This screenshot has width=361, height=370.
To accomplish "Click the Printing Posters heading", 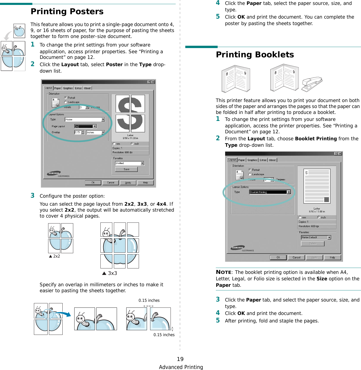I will point(67,12).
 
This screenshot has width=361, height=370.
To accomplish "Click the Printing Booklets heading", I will point(255,55).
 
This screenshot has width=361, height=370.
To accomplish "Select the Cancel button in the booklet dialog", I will point(296,258).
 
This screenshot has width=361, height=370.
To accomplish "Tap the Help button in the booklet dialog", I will point(332,258).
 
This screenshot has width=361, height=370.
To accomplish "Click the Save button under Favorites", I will point(126,169).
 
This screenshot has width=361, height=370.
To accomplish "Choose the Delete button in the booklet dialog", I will point(313,244).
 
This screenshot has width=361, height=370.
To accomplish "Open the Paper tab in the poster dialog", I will point(57,88).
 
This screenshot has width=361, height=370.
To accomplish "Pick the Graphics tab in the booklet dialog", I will point(252,160).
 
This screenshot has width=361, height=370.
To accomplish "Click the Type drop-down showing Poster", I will point(85,120).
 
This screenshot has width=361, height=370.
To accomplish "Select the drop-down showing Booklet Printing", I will point(270,192).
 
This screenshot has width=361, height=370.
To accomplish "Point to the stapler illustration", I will point(312,83).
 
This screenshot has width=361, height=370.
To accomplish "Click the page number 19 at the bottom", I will point(180,359).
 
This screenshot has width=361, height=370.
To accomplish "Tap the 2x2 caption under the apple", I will point(55,256).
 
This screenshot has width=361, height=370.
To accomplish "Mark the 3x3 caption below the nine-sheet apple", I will point(110,273).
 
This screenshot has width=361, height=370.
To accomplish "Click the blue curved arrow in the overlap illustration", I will point(64,314).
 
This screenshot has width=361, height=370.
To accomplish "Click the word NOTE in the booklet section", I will point(224,272).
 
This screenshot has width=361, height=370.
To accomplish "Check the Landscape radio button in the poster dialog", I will point(65,102).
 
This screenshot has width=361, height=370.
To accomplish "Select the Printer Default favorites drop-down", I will point(316,237).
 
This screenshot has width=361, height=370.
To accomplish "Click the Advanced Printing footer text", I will point(181,367).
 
